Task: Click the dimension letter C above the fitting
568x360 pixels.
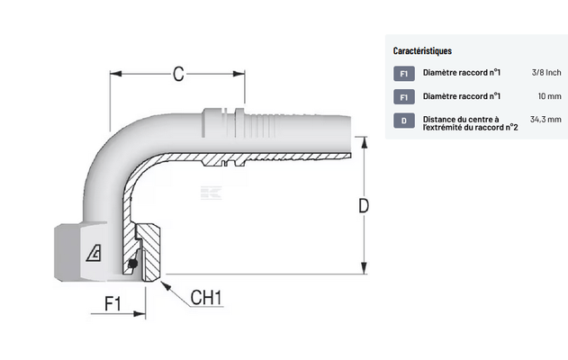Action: point(178,74)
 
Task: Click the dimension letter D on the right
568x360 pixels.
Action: point(364,206)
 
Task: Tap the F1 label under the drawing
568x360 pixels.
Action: point(113,303)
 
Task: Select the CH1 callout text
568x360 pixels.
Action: point(206,298)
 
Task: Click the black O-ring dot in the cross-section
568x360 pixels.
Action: point(133,264)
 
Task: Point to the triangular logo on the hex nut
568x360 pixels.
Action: point(94,252)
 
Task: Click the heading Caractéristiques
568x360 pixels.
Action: point(422,50)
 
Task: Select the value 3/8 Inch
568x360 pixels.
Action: point(546,72)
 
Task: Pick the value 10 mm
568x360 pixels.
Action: point(549,96)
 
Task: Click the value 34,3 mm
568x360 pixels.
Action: point(545,119)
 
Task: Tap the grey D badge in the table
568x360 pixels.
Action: point(404,121)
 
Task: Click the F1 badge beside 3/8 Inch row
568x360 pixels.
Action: point(404,74)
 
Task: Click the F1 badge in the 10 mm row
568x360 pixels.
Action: point(404,97)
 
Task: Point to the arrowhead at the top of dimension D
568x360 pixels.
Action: point(365,142)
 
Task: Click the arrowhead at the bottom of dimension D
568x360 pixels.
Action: point(365,268)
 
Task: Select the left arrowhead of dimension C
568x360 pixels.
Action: point(116,74)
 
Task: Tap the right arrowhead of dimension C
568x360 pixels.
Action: point(239,74)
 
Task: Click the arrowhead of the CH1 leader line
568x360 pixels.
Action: point(166,286)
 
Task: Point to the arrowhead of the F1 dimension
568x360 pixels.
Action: point(140,313)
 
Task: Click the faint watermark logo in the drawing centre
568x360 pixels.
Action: point(211,193)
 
